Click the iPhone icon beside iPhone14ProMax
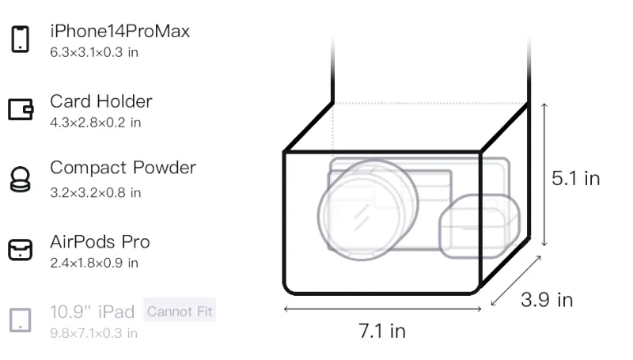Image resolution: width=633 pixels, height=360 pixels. click(x=21, y=39)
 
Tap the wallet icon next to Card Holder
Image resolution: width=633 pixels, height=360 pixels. click(x=21, y=109)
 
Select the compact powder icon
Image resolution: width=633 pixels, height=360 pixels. click(x=21, y=179)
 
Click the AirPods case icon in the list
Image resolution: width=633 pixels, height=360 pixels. click(x=21, y=249)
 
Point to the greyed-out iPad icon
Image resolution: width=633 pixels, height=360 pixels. click(x=21, y=320)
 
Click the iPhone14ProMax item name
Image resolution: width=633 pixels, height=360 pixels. click(x=120, y=31)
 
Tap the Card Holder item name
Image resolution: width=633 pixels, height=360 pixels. click(x=101, y=101)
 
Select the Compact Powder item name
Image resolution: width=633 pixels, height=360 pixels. click(x=123, y=168)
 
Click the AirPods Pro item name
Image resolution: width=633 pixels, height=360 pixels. click(x=100, y=242)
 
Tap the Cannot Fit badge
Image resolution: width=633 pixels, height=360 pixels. click(x=180, y=311)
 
